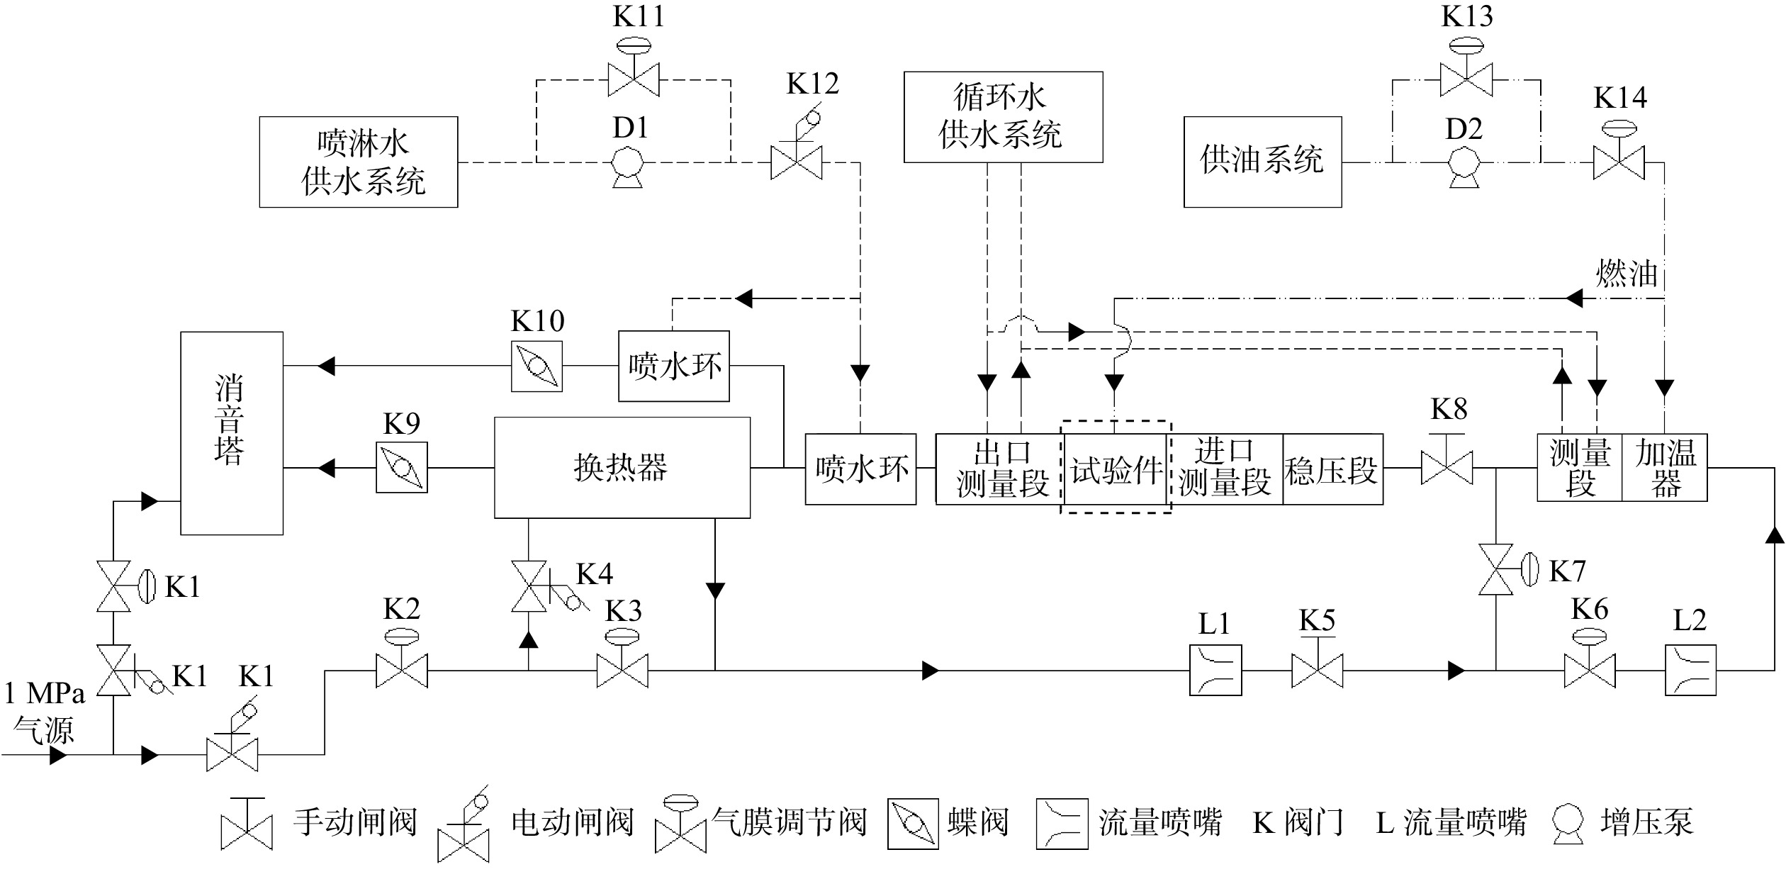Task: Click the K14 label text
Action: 1620,98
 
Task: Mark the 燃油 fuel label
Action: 1627,272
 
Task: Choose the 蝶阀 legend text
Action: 977,822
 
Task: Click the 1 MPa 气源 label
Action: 44,712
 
